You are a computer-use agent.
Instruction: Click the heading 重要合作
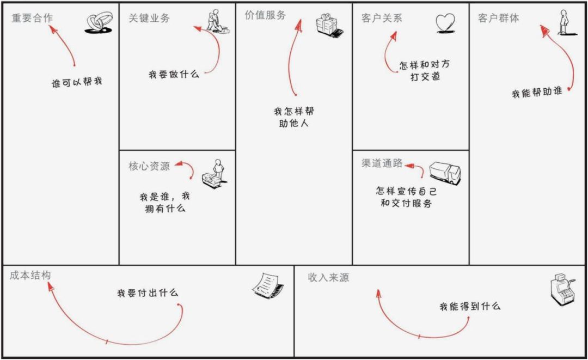pos(32,18)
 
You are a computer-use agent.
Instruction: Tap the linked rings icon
pos(98,23)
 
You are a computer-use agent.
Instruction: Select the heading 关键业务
pos(149,18)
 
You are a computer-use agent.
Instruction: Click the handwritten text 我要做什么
pos(174,74)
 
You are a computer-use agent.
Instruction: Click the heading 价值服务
pos(266,15)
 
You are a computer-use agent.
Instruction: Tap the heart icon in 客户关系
pos(445,23)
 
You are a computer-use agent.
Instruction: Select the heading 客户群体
pos(499,18)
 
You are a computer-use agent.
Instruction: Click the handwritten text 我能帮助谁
pos(537,93)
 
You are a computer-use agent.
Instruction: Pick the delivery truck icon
pos(445,173)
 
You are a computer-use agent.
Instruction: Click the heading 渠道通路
pos(382,163)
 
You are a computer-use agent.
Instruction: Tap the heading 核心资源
pos(149,166)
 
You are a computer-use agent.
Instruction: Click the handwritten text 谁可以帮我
pos(77,83)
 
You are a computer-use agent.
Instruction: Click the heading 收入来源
pos(328,278)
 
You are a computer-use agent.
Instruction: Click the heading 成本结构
pos(30,276)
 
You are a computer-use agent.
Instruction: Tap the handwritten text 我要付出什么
pos(148,293)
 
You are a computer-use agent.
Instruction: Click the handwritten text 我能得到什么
pos(470,307)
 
